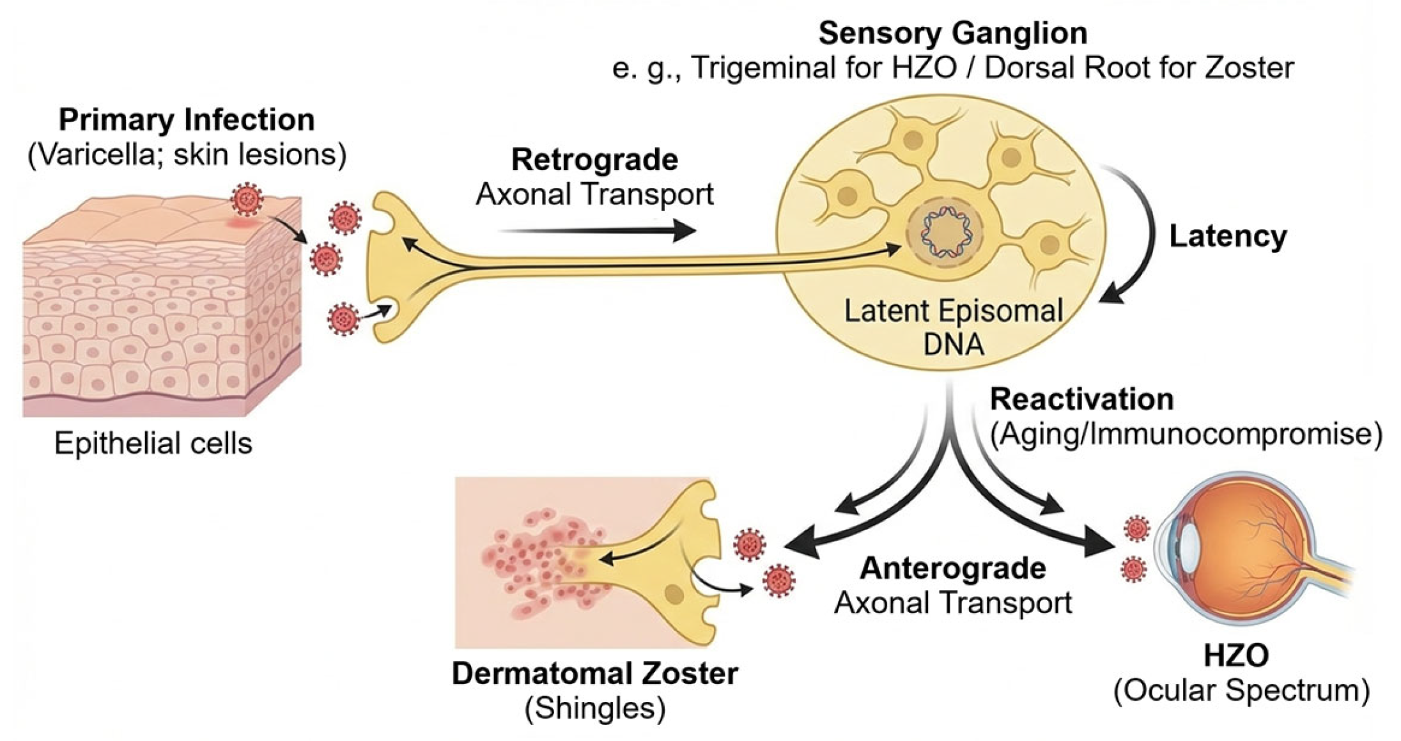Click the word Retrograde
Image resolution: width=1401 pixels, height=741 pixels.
(594, 160)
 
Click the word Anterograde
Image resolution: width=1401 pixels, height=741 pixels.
(952, 568)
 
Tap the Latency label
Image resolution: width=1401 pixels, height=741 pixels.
(1227, 237)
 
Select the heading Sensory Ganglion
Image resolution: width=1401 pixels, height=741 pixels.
(952, 33)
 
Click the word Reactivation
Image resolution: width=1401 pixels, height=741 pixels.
(1081, 400)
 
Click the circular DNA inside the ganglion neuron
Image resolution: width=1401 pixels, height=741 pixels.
(945, 234)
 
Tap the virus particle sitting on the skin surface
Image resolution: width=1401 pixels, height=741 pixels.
(247, 199)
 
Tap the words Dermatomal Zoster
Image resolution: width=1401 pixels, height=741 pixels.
(594, 674)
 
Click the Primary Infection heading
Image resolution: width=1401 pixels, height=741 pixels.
(187, 120)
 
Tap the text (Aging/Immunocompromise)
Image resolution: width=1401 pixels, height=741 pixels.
(1186, 434)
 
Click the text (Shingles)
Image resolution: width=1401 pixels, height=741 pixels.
(594, 708)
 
